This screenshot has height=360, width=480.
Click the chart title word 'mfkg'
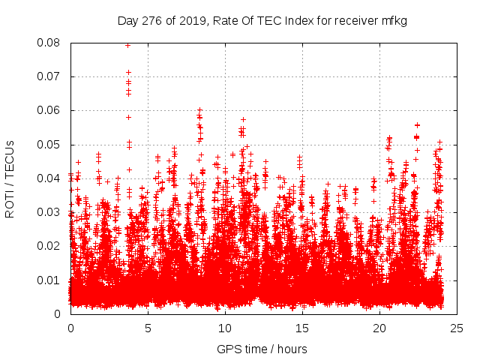click(393, 20)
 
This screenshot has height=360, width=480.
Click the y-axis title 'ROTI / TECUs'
click(10, 178)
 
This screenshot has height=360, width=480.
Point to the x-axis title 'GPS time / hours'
click(262, 349)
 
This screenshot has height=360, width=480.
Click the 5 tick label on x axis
click(148, 328)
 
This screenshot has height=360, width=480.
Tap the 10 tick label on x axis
click(225, 328)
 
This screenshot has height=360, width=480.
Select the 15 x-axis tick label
click(302, 328)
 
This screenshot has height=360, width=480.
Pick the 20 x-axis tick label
click(379, 328)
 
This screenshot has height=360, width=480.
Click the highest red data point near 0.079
click(128, 45)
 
